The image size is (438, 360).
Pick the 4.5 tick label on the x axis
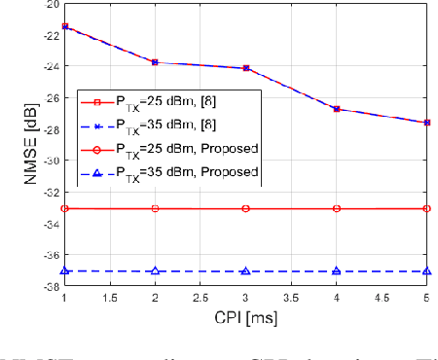click(383, 301)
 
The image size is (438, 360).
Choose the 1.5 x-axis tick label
click(109, 301)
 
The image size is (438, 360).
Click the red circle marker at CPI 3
click(246, 209)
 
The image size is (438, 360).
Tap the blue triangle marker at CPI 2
click(156, 271)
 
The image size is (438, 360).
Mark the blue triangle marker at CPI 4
click(337, 271)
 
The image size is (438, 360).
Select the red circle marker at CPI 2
click(156, 209)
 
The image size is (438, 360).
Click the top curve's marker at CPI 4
click(337, 109)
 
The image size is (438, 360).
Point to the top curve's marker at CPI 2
click(156, 62)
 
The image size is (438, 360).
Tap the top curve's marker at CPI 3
click(246, 68)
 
